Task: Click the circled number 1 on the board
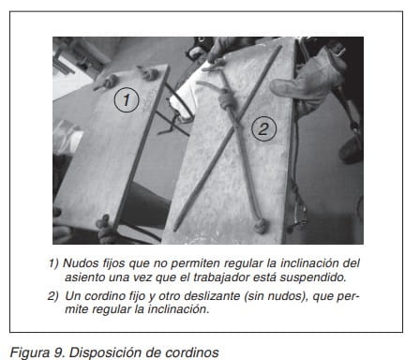pos(127,100)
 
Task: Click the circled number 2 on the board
pos(264,128)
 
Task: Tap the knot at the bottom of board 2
pos(262,226)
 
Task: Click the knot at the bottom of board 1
pos(104,224)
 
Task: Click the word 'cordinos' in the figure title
pos(192,352)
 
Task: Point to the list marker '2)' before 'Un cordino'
pos(52,296)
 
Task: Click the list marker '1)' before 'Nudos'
pos(53,263)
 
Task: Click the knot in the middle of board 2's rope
pos(228,100)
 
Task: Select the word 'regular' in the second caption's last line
pos(111,309)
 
